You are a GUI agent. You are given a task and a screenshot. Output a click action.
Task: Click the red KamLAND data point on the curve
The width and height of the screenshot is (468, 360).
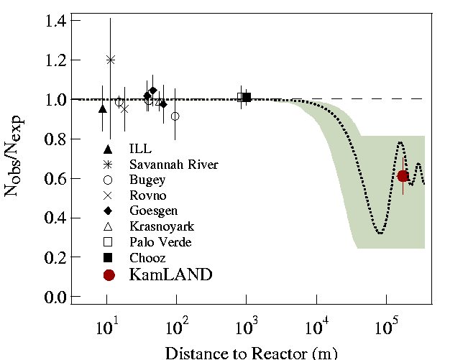(x=403, y=176)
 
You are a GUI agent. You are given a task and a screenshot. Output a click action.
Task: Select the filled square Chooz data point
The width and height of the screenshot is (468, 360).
(x=247, y=97)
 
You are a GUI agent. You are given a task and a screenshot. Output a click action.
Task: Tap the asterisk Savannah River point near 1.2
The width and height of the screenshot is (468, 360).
(x=111, y=60)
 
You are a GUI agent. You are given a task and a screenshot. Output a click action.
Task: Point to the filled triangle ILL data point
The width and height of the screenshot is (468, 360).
(x=102, y=109)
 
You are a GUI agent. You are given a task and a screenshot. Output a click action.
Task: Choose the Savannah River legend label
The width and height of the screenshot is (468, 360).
(x=173, y=165)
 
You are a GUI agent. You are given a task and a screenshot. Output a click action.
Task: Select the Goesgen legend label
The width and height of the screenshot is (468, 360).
(x=150, y=211)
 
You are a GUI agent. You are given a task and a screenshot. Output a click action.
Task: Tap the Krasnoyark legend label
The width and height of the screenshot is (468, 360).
(x=158, y=226)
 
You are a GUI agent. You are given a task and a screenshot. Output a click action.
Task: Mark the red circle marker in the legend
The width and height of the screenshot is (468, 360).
(x=109, y=274)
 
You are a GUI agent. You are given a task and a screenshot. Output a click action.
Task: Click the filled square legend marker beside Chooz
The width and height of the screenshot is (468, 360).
(x=108, y=257)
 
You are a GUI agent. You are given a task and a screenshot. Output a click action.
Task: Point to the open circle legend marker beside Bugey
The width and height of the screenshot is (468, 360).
(x=108, y=180)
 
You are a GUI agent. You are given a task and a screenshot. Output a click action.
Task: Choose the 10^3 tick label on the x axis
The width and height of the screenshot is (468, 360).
(x=247, y=328)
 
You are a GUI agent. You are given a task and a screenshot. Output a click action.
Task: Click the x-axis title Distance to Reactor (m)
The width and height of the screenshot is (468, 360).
(x=251, y=352)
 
